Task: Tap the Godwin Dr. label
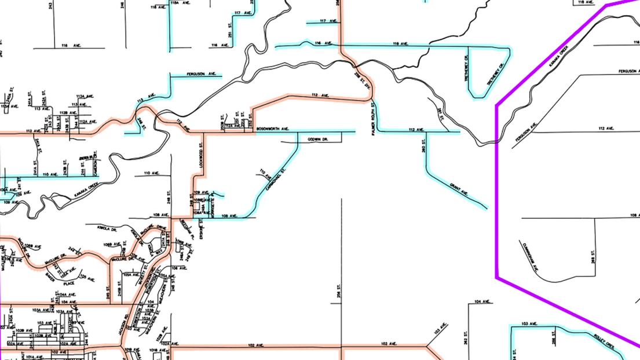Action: (318, 139)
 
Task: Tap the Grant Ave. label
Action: (459, 189)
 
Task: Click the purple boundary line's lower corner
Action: (497, 278)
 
